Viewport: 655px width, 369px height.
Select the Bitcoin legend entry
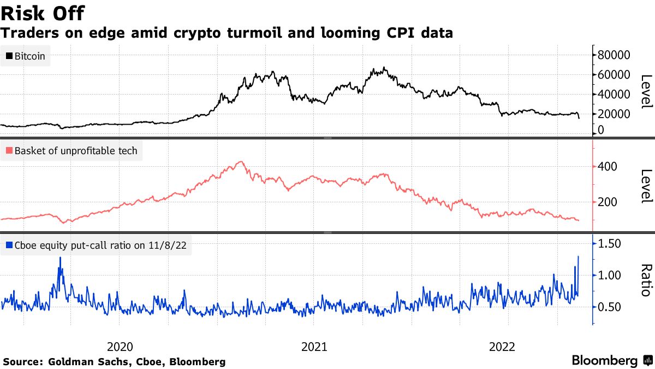coord(26,56)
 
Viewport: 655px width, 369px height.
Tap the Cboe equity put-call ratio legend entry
coord(96,245)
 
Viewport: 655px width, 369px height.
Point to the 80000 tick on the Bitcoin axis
coord(614,55)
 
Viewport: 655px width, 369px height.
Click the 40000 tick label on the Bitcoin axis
coord(614,94)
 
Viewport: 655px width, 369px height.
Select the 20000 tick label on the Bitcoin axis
coord(614,114)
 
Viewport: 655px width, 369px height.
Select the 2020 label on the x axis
coord(120,347)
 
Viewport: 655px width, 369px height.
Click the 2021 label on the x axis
coord(314,347)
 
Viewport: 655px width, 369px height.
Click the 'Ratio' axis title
coord(645,280)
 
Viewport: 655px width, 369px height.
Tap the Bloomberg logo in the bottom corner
coord(611,361)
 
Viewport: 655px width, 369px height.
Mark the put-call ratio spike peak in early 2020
coord(60,257)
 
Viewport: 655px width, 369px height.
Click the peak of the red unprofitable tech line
coord(241,162)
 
